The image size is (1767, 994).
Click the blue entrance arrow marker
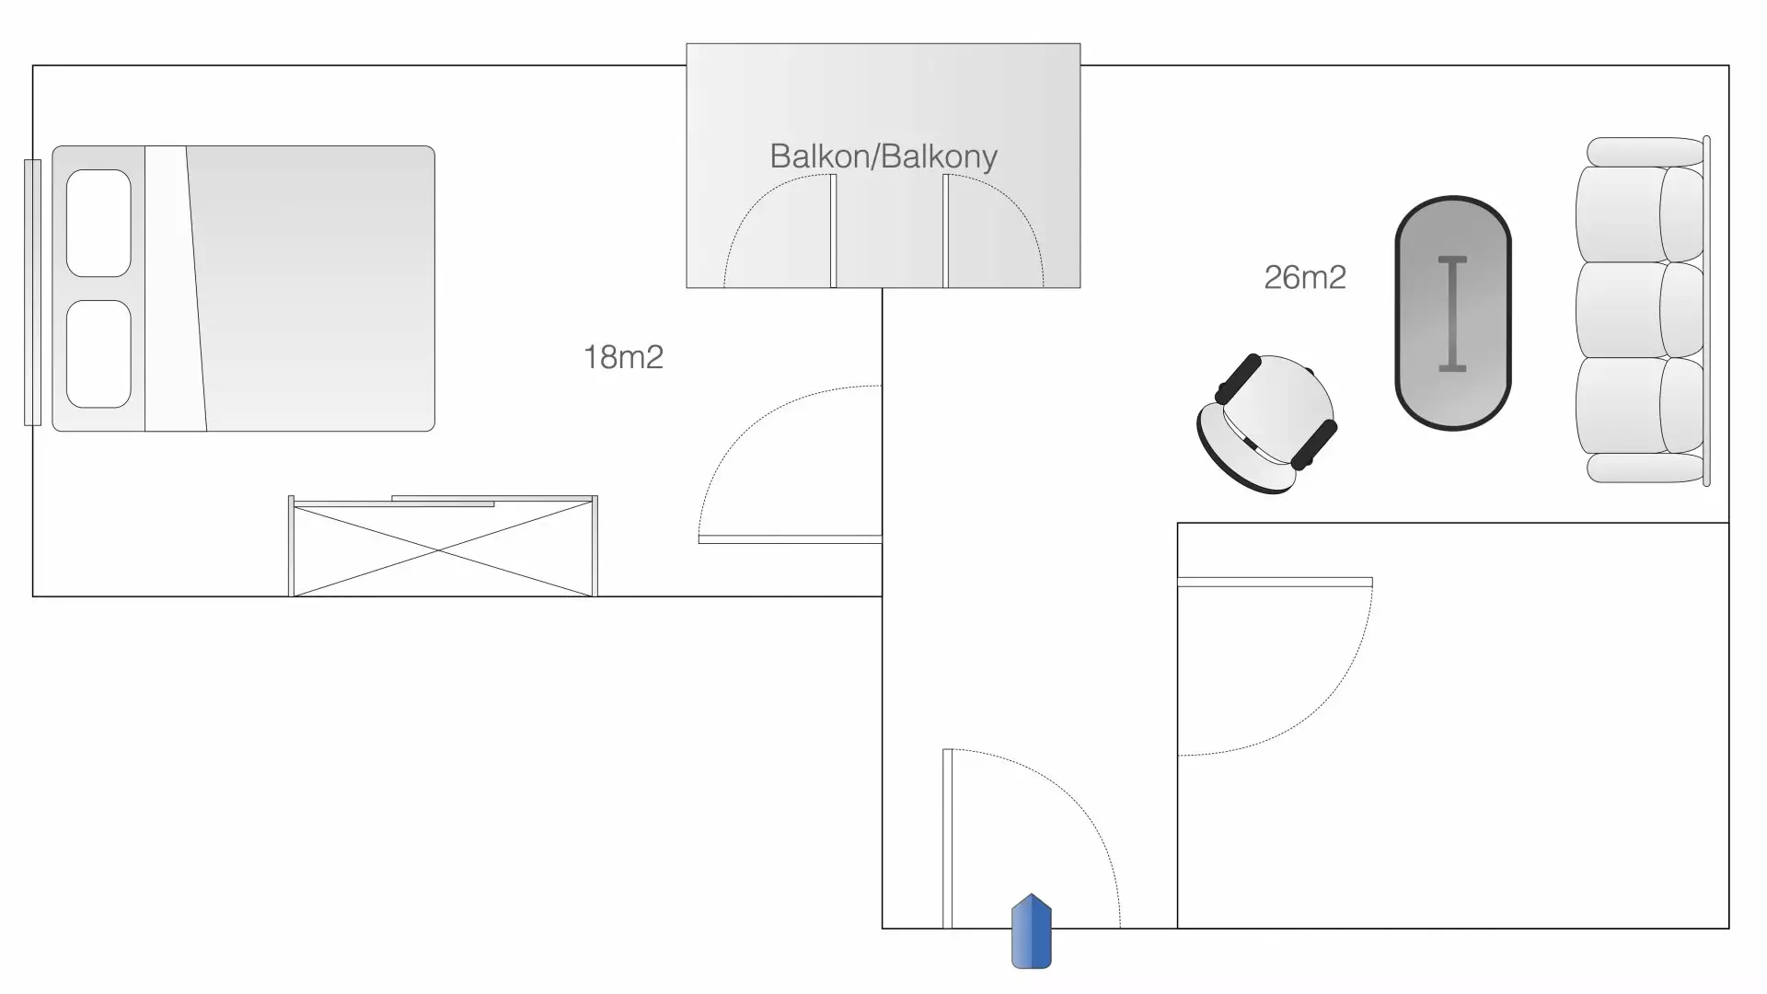pos(1031,931)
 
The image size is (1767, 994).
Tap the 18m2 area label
pos(623,357)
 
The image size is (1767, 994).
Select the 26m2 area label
pos(1304,277)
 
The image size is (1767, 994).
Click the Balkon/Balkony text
pos(883,156)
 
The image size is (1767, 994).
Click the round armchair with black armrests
pos(1267,423)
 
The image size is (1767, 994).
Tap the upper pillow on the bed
pos(98,223)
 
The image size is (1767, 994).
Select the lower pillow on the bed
pos(98,353)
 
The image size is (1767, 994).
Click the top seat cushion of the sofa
pos(1620,214)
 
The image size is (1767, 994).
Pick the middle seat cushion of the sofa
pos(1620,310)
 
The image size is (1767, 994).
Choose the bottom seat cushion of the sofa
pos(1620,406)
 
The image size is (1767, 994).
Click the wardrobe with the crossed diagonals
pos(443,549)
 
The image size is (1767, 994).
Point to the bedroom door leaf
pos(790,539)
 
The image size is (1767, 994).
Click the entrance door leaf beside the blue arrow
pos(947,838)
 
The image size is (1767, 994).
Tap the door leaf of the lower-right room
pos(1275,582)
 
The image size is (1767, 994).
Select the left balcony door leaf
pos(833,231)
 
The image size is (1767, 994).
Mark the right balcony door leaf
pos(945,231)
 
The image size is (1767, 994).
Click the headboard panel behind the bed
pos(32,292)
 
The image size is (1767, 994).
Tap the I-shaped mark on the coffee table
pos(1452,314)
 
